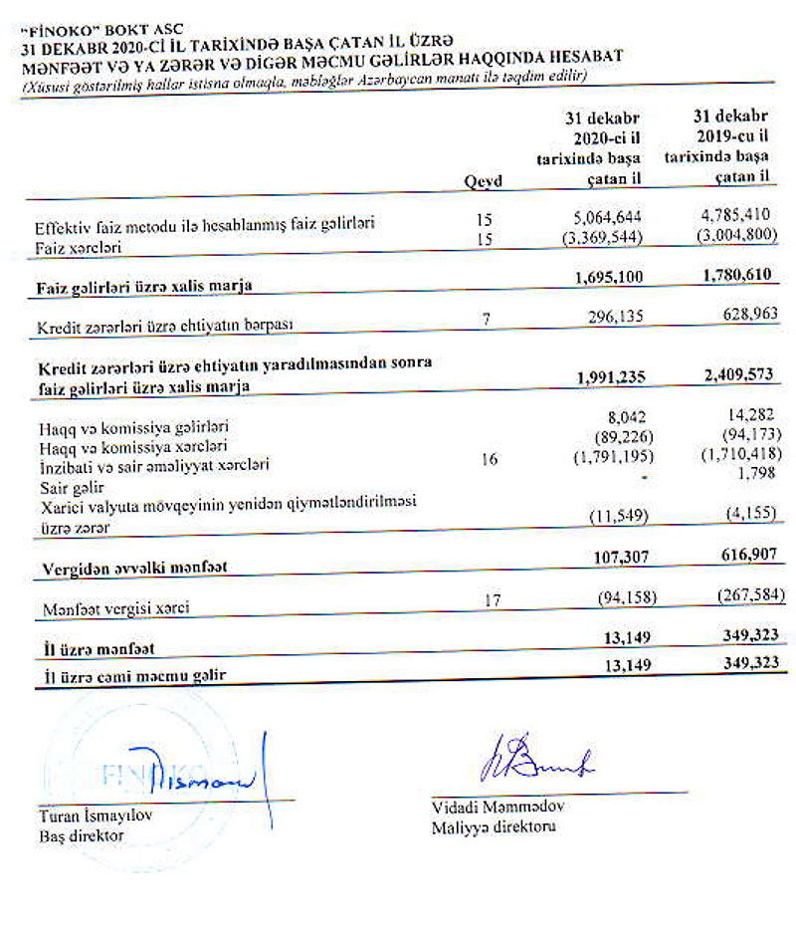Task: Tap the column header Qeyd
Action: [484, 180]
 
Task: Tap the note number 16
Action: [483, 461]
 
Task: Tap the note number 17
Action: [483, 600]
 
